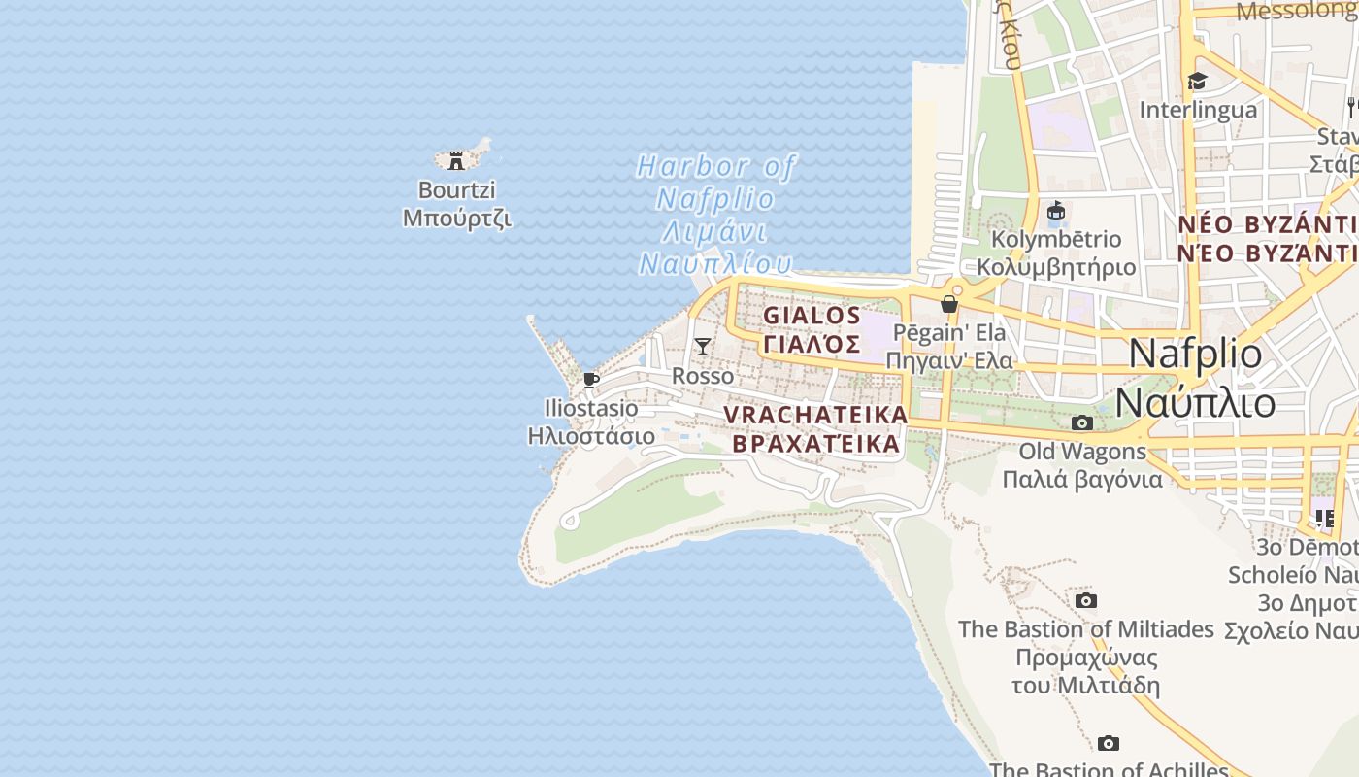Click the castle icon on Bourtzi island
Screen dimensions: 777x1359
[456, 161]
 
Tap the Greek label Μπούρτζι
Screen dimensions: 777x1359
[456, 218]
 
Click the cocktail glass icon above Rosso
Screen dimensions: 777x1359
[703, 347]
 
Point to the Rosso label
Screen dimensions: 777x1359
[703, 376]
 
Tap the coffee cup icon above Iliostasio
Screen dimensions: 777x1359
[591, 380]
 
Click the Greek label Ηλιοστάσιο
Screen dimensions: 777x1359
[591, 436]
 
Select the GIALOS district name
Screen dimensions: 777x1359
[812, 316]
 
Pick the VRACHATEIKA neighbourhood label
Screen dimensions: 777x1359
[815, 415]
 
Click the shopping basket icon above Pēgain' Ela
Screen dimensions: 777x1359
[949, 305]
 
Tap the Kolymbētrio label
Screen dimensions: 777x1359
[1056, 239]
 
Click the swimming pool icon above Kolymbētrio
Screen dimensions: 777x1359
[1056, 211]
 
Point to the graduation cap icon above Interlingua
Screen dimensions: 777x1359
[1198, 82]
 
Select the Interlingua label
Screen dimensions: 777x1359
[1198, 110]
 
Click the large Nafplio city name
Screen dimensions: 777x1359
[1195, 354]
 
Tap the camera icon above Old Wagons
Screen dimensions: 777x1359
[1082, 423]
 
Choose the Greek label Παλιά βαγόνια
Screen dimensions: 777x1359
[1082, 480]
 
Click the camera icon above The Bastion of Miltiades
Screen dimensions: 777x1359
[1086, 601]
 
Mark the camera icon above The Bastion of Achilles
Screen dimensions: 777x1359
[1109, 744]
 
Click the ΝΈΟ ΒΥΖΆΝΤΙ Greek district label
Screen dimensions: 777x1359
[1267, 254]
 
